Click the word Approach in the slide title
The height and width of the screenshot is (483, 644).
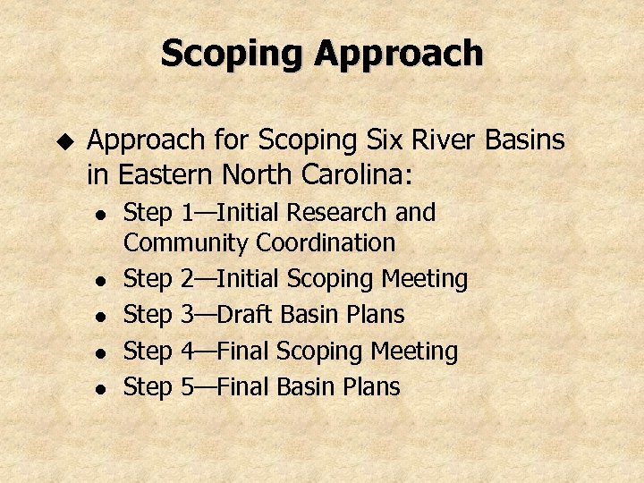400,54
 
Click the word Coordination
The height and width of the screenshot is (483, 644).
326,243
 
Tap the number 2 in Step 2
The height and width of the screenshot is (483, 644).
187,279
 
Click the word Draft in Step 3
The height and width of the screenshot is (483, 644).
247,315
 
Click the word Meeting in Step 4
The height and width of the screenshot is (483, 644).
418,352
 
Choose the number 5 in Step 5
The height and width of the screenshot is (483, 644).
187,387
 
